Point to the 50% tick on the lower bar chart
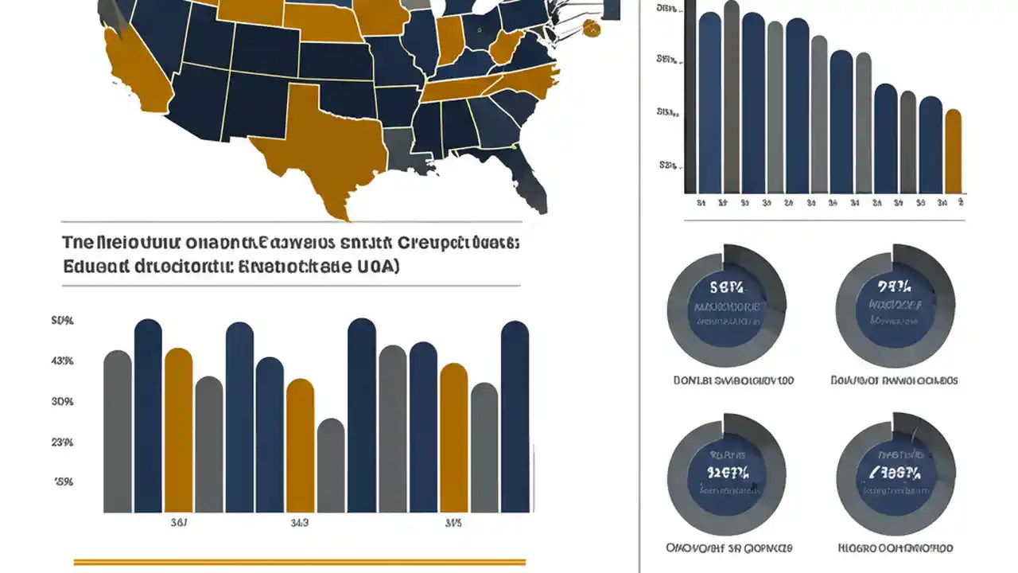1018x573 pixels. tap(62, 321)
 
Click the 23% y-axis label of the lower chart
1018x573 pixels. tap(62, 442)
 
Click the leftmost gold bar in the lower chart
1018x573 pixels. tap(178, 430)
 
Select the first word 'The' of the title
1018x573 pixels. tap(76, 242)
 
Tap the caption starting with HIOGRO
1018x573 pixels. tap(895, 548)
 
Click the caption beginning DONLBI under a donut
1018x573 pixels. tap(732, 380)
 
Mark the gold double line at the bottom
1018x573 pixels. tap(299, 562)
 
